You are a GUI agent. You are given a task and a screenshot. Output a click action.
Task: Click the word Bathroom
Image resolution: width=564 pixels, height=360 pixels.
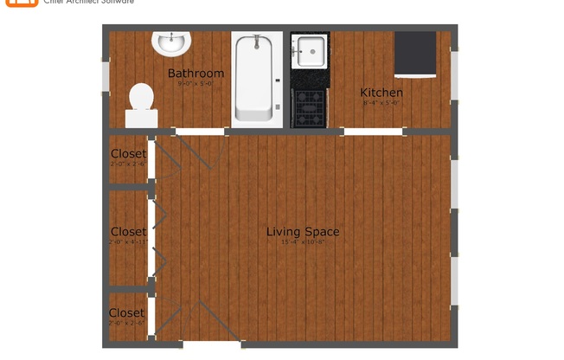(x=195, y=74)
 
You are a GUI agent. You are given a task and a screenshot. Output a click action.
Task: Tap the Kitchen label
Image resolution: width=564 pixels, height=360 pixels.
(x=381, y=93)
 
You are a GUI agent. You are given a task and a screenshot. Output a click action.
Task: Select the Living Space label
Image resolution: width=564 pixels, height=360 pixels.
(x=302, y=232)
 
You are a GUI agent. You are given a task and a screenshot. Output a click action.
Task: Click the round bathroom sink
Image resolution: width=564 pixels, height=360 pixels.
(x=170, y=42)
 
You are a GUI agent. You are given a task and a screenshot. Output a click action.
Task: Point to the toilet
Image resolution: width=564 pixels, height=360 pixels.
(x=140, y=101)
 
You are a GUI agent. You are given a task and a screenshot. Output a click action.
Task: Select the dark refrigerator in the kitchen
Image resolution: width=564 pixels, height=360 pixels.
(x=415, y=55)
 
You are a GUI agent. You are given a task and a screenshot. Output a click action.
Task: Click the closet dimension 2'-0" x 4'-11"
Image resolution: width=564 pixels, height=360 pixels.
(x=128, y=242)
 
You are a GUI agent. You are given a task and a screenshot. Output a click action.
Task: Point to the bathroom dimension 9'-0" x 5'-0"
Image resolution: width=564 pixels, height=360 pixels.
(x=195, y=84)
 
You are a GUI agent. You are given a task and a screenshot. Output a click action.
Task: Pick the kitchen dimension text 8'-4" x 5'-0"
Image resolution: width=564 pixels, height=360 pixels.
(x=381, y=103)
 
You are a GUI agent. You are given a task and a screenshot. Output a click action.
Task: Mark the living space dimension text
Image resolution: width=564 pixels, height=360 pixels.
(x=302, y=242)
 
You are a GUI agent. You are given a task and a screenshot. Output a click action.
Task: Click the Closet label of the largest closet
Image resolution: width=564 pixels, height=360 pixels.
(x=128, y=232)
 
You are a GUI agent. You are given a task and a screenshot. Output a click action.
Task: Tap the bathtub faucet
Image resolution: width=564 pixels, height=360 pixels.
(x=256, y=42)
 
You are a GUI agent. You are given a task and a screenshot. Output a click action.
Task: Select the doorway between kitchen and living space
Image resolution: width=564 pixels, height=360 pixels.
(x=374, y=132)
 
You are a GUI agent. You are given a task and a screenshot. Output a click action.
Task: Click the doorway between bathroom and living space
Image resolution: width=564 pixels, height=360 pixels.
(x=202, y=132)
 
